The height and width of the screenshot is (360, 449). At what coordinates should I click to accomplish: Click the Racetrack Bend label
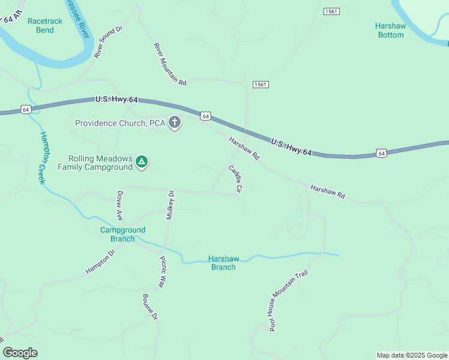[44, 25]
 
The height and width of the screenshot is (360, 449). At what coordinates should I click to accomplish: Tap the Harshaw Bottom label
[390, 31]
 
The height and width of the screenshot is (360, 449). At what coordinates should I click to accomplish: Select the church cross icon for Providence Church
[175, 123]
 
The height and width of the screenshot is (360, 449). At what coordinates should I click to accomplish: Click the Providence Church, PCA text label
[119, 123]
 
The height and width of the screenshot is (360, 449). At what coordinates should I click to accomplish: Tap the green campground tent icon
[141, 162]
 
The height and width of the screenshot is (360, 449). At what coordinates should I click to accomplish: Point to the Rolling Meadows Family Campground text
[95, 163]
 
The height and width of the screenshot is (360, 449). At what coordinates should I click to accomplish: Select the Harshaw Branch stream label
[223, 263]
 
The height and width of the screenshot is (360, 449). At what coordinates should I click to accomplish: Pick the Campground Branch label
[122, 234]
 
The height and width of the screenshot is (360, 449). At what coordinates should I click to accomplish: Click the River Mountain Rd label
[170, 63]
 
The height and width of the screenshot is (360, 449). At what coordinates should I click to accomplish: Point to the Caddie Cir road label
[235, 179]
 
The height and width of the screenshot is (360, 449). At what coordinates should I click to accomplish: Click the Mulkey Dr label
[170, 205]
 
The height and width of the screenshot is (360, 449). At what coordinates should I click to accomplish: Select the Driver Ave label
[119, 206]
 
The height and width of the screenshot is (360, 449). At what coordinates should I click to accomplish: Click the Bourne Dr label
[150, 306]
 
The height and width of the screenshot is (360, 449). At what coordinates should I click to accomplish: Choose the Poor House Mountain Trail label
[288, 300]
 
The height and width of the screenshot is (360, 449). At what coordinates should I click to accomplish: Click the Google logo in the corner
[20, 352]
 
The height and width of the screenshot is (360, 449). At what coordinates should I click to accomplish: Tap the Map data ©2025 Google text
[411, 355]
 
